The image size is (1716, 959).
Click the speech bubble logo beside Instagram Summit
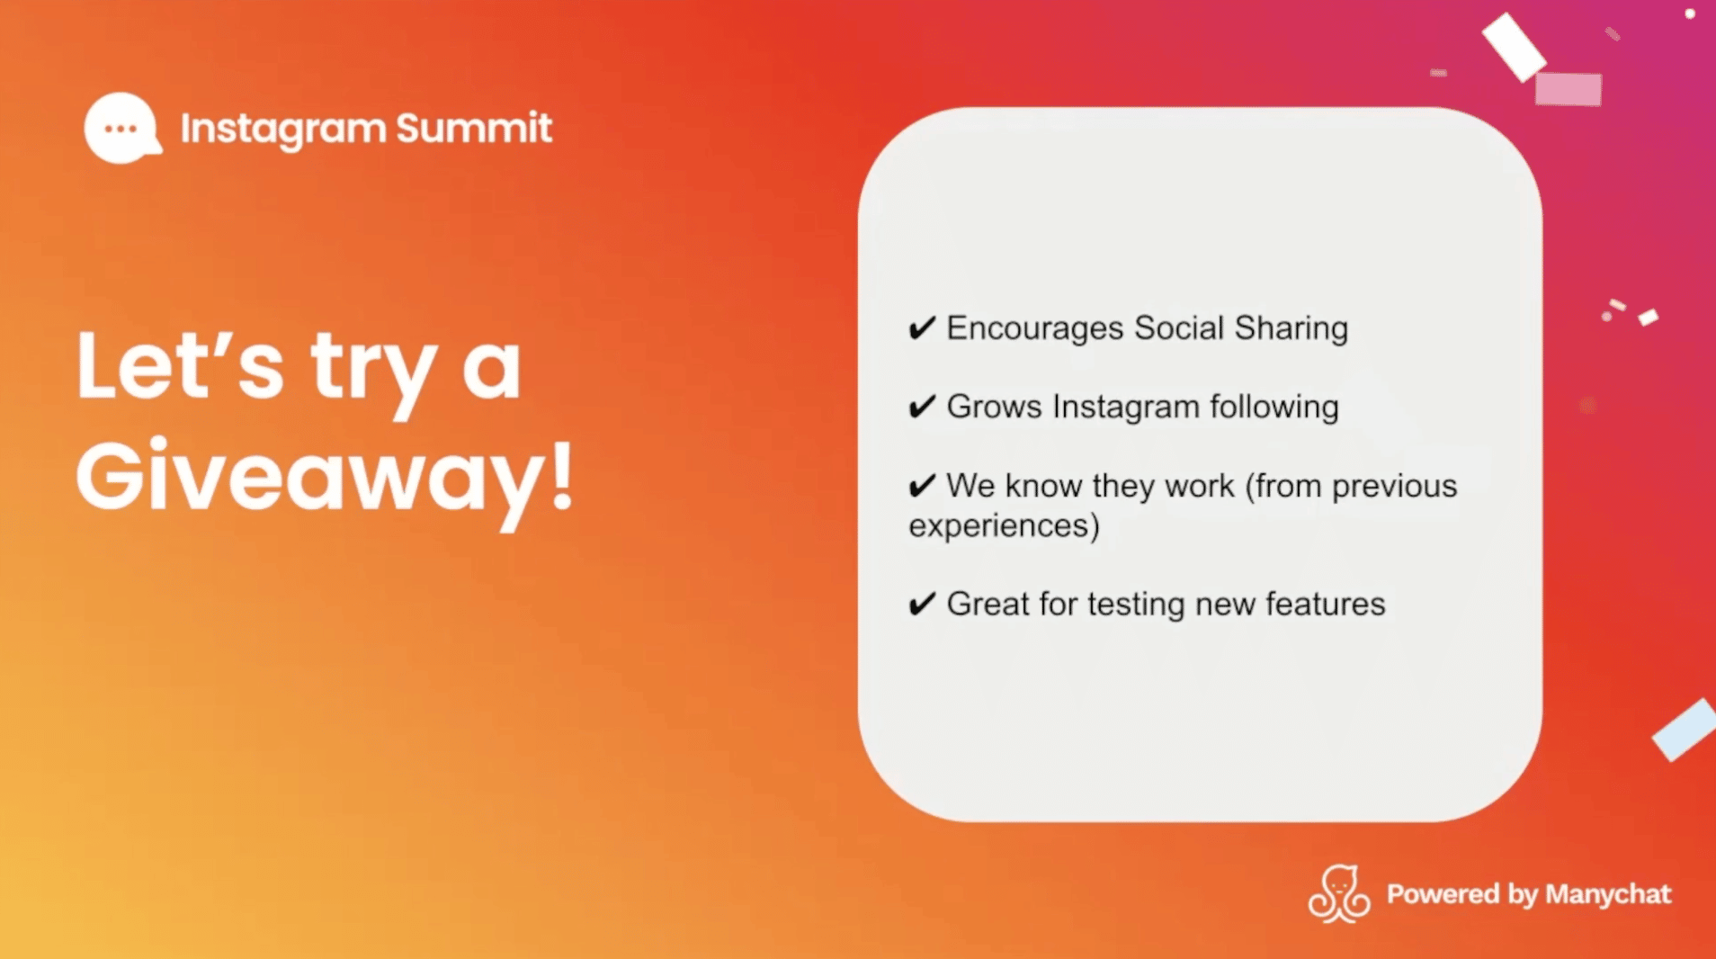[x=122, y=129]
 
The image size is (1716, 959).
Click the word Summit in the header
[x=473, y=129]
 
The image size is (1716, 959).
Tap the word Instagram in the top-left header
[x=282, y=129]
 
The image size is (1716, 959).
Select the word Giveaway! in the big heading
[x=324, y=477]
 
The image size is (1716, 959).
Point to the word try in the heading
[x=372, y=369]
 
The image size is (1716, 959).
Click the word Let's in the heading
[x=180, y=367]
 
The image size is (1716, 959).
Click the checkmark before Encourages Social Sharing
[x=922, y=328]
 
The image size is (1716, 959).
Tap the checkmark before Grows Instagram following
[x=922, y=407]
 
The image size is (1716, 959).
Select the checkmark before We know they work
[x=922, y=486]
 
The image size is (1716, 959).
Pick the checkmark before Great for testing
[x=922, y=604]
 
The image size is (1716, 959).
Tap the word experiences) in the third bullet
[x=1004, y=526]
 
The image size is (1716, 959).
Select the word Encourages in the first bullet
[x=1034, y=328]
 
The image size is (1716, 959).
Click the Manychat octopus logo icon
[x=1338, y=894]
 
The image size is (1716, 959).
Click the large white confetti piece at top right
[x=1513, y=46]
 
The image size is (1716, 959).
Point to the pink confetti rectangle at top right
[x=1568, y=89]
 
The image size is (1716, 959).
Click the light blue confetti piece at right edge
[x=1685, y=730]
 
